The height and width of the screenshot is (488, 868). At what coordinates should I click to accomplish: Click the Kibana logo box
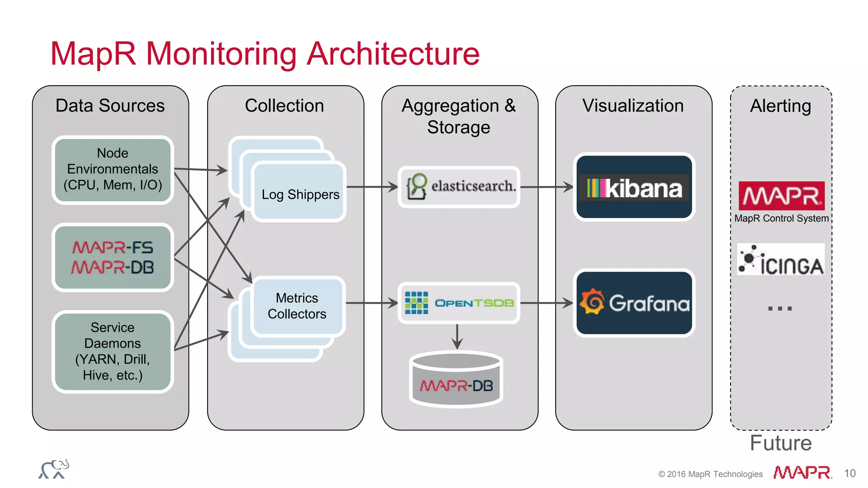[x=634, y=187]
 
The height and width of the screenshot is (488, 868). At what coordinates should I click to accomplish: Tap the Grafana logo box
[x=634, y=303]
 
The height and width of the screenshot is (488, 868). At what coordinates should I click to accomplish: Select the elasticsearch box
[x=459, y=187]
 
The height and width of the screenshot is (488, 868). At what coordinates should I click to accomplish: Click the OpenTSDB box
[x=459, y=303]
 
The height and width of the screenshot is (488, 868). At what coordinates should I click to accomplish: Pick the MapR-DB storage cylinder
[x=456, y=379]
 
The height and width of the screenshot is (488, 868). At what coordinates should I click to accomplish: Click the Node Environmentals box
[x=113, y=170]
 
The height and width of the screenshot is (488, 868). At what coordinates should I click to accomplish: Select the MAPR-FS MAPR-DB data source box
[x=113, y=257]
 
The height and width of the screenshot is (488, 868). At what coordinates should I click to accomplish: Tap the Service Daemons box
[x=113, y=351]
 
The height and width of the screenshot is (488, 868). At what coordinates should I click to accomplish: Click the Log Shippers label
[x=300, y=194]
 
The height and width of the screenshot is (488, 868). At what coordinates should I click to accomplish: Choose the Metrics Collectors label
[x=297, y=306]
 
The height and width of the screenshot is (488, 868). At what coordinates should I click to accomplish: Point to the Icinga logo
[x=781, y=260]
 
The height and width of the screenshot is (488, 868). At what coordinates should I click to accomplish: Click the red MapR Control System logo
[x=781, y=196]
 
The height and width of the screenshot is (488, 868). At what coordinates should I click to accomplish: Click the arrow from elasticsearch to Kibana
[x=547, y=187]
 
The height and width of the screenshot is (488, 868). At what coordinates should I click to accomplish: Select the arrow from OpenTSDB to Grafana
[x=547, y=303]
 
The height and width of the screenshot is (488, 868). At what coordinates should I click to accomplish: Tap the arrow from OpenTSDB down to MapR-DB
[x=457, y=337]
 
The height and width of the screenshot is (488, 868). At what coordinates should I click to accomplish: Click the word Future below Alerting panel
[x=781, y=443]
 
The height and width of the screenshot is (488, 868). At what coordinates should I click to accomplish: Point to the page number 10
[x=849, y=473]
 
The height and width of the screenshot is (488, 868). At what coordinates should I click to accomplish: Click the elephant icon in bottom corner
[x=54, y=469]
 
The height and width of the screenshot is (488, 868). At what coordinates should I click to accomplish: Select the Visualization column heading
[x=633, y=106]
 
